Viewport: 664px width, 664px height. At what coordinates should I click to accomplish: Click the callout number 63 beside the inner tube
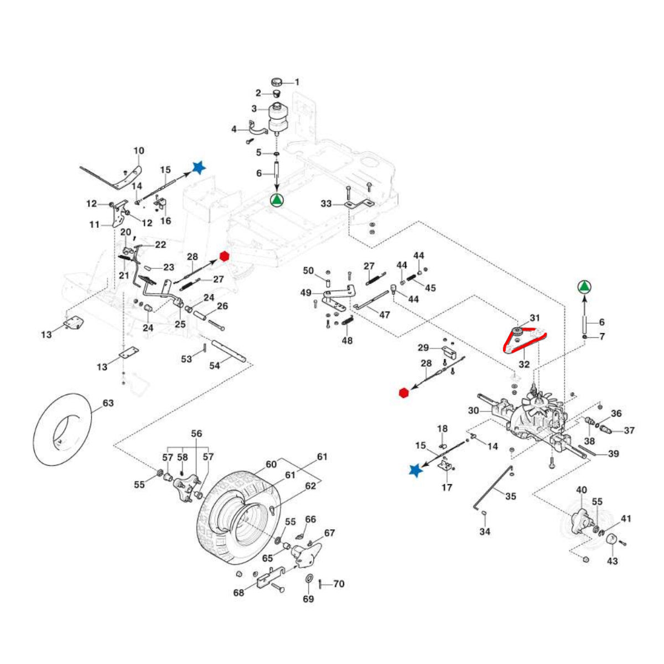[108, 403]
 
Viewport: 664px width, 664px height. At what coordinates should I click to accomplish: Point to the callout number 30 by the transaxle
[473, 411]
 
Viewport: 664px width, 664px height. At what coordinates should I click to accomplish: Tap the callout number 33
[326, 204]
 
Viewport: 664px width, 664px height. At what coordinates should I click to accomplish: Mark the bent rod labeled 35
[490, 487]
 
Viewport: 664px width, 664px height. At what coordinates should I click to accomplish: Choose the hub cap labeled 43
[612, 541]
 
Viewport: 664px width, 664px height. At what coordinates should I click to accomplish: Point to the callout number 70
[339, 584]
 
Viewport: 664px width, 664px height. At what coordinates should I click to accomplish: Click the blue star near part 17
[414, 470]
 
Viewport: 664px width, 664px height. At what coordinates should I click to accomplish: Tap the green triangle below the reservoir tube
[277, 200]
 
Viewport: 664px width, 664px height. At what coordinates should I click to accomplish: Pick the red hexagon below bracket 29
[403, 392]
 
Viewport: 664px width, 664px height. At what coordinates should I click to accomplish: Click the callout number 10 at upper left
[139, 151]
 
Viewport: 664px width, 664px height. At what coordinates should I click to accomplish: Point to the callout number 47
[384, 314]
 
